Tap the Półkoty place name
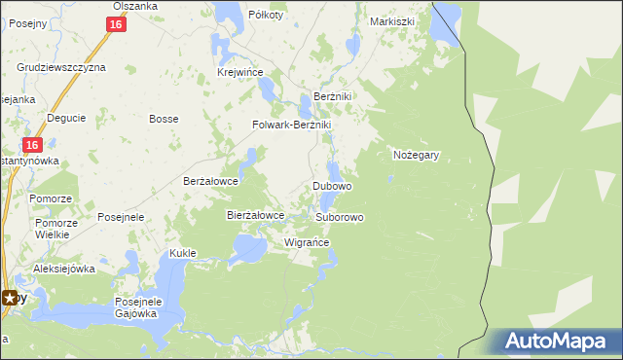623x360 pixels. point(266,15)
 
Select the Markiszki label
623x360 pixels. point(393,20)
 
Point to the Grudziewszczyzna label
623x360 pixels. point(61,68)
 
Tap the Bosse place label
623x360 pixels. point(162,119)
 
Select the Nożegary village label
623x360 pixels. point(418,155)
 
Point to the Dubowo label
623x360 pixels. point(332,186)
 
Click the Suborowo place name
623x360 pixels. point(340,217)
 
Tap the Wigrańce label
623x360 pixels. point(307,242)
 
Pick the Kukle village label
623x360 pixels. point(183,253)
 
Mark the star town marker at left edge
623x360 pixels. point(10,298)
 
